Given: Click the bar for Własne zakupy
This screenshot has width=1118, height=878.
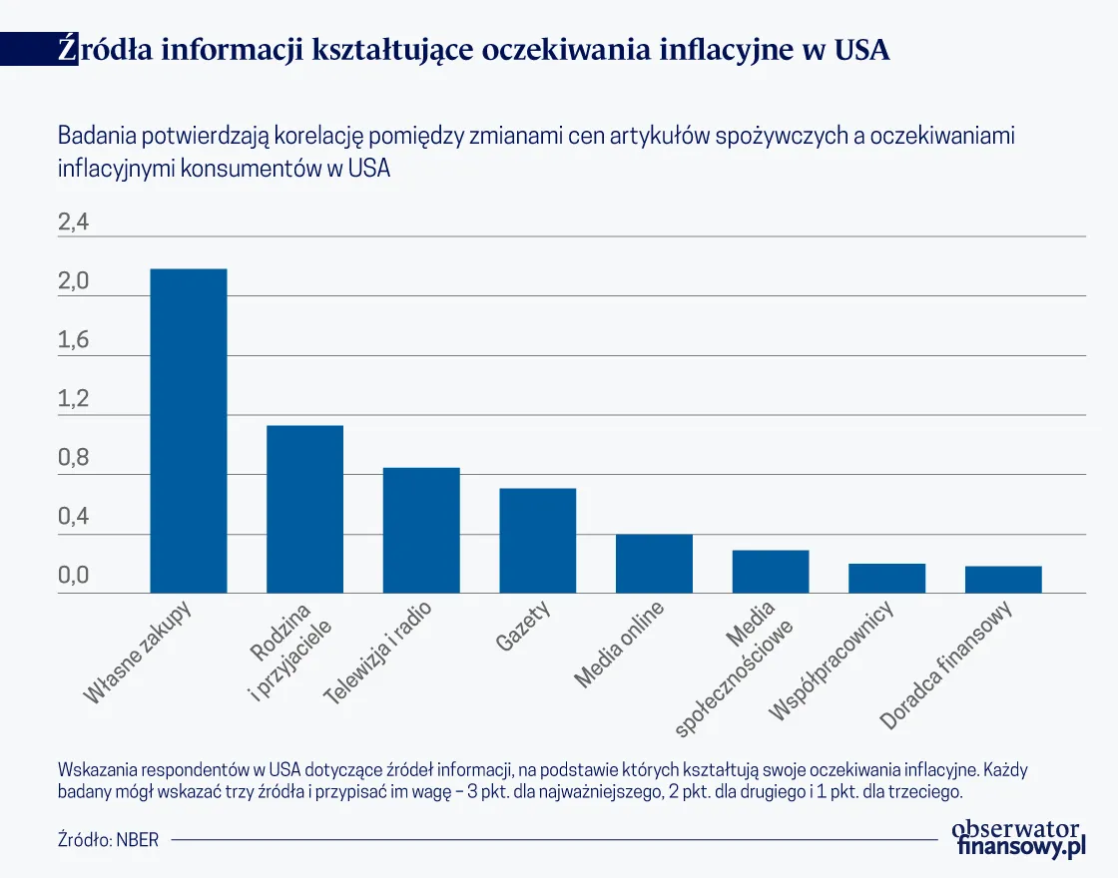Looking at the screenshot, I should [188, 431].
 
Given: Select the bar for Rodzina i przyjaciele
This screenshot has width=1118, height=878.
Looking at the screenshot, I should [304, 509].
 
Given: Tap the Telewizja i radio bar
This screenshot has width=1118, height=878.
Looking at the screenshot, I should [421, 530].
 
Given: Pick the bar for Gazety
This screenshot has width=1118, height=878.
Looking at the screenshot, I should [538, 541].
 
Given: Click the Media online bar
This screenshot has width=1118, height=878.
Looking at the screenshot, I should [654, 564].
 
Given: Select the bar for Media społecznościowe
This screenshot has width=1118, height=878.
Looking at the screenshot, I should [771, 572].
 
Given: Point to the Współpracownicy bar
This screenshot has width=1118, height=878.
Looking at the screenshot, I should [886, 579].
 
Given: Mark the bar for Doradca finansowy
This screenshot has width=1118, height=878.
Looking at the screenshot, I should [1003, 580].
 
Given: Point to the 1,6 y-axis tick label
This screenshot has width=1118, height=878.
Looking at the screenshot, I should [74, 341].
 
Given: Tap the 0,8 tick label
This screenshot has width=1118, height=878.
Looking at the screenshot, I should [74, 459].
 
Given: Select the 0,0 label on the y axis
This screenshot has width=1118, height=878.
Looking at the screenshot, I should [74, 577].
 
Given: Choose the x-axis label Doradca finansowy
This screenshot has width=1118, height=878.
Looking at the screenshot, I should [947, 665].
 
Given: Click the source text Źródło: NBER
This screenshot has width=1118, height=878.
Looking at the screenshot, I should [108, 839].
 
